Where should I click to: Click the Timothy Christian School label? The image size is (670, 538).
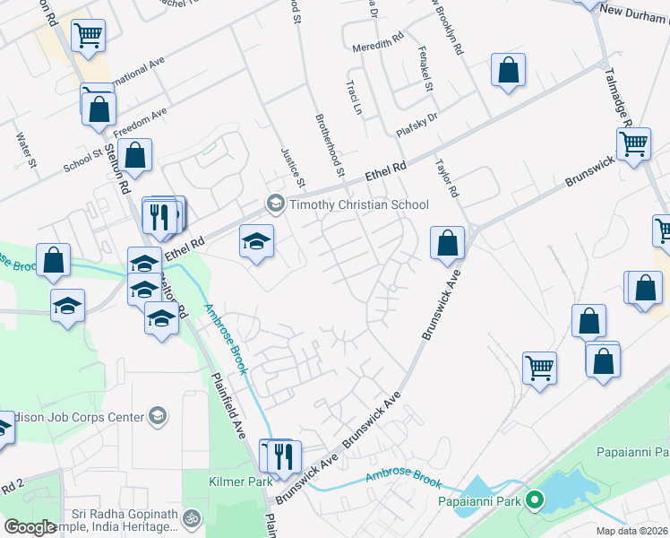(x=358, y=204)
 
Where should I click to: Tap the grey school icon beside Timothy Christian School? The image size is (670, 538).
(x=275, y=204)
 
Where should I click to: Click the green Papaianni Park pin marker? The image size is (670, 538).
(x=536, y=500)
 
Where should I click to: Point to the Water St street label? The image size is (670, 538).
(x=25, y=150)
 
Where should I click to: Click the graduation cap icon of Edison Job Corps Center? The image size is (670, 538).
(x=158, y=415)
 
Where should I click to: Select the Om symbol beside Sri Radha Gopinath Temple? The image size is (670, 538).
(x=191, y=518)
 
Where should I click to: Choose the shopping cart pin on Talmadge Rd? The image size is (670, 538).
(x=633, y=143)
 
